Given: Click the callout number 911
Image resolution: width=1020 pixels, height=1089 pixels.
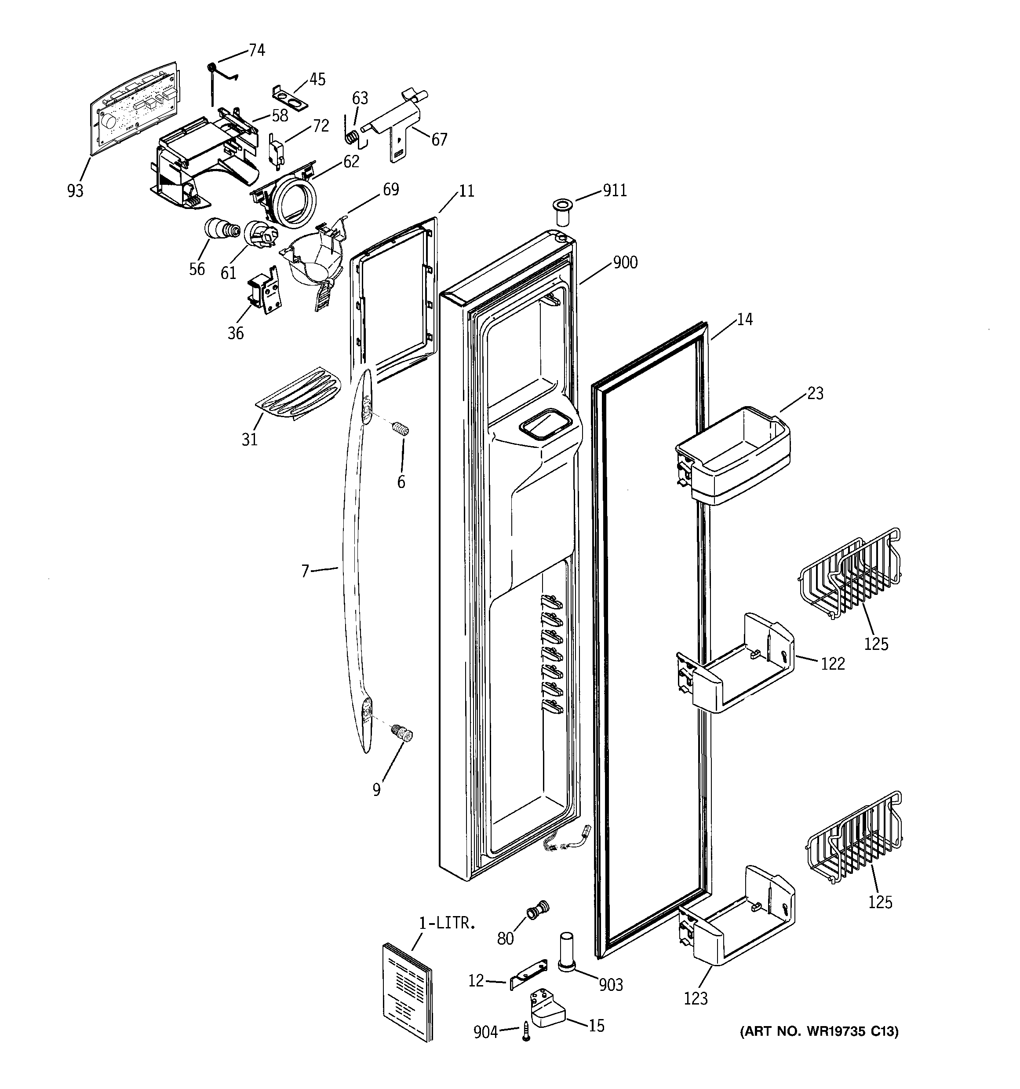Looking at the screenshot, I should tap(614, 191).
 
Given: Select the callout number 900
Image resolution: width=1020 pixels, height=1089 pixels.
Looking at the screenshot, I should tap(625, 263).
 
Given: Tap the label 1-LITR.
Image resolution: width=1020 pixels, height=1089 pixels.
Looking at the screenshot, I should tap(446, 923).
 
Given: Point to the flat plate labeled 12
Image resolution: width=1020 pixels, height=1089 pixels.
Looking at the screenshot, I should tap(529, 975).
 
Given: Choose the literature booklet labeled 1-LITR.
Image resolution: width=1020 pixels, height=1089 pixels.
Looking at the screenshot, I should tap(406, 990).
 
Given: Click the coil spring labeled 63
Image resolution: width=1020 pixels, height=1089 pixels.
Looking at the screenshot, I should tap(353, 136).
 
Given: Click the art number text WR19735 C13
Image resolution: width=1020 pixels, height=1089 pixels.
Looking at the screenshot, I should tap(819, 1032).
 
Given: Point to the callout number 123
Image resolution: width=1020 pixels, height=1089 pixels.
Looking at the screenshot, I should tap(696, 999).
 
